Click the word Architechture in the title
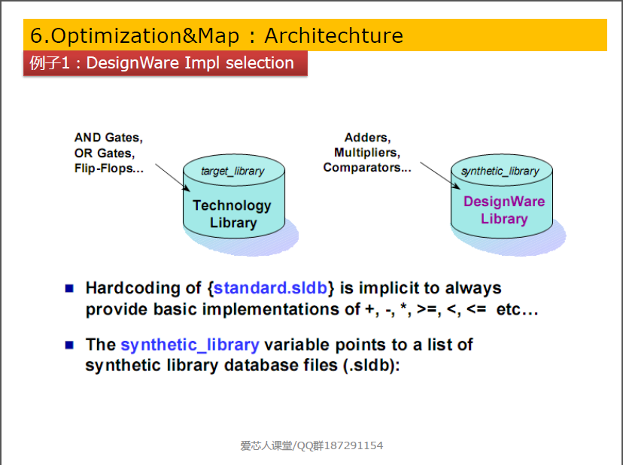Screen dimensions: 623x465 334,36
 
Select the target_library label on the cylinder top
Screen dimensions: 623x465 232,171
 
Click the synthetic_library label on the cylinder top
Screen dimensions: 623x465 500,171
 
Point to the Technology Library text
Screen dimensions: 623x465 232,214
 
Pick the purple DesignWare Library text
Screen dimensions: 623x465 504,210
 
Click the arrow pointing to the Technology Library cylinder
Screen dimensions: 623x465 172,178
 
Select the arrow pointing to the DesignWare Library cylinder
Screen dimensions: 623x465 440,175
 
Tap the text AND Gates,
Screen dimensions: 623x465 108,138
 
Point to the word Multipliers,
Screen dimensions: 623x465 367,153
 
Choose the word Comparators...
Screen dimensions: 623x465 362,168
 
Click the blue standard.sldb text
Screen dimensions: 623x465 271,287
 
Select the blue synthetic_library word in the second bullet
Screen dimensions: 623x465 190,345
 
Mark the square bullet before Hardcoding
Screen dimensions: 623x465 69,288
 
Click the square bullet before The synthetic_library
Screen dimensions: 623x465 69,345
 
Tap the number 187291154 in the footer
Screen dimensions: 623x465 354,445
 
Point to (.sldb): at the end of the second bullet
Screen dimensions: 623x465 372,365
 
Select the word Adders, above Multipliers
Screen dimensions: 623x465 367,138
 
